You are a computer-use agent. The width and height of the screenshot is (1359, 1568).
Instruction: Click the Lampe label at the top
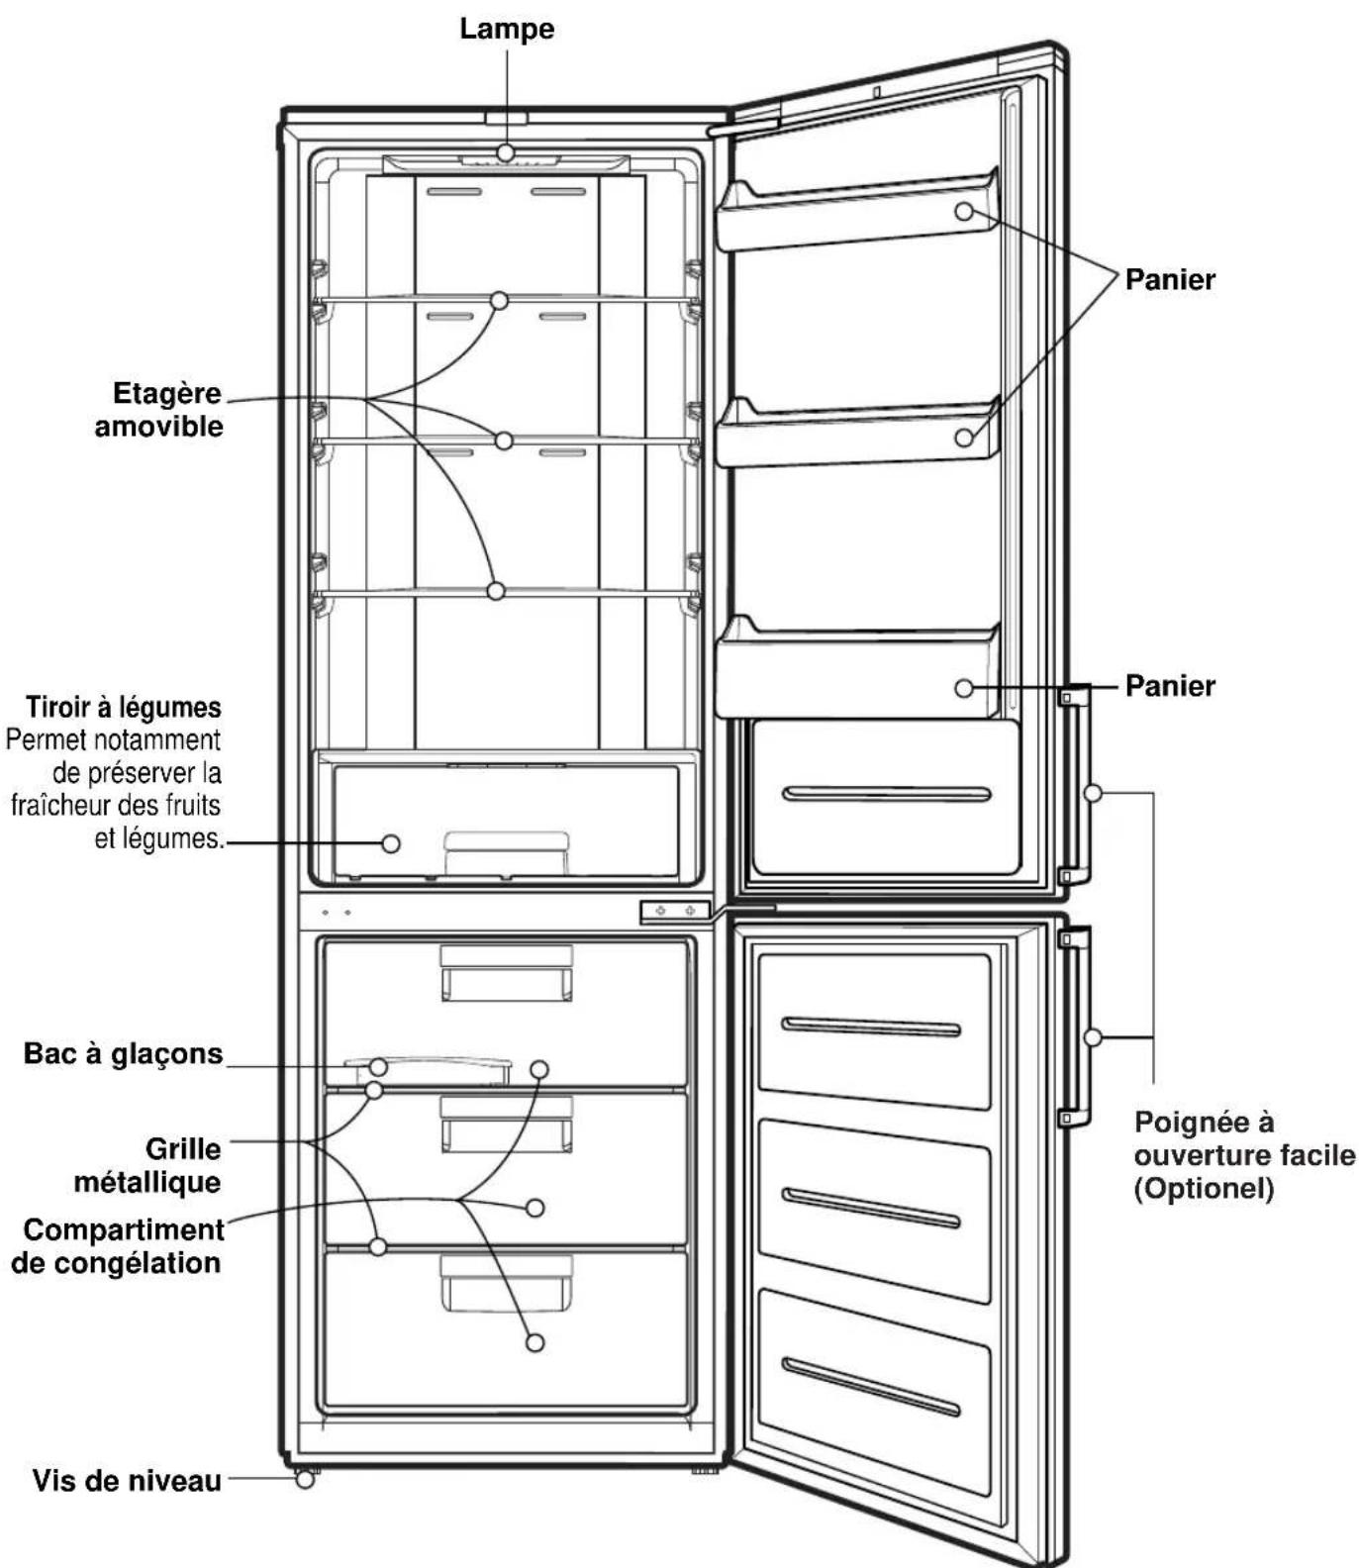click(x=507, y=29)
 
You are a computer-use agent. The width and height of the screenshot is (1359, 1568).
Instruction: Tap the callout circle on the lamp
click(x=506, y=152)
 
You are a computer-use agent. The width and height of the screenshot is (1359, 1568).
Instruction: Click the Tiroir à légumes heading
click(x=124, y=707)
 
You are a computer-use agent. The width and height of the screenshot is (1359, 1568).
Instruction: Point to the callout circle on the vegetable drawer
click(x=391, y=843)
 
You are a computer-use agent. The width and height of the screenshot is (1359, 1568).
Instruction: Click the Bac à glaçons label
click(x=124, y=1053)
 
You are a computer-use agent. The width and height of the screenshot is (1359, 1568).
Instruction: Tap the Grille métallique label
click(x=147, y=1165)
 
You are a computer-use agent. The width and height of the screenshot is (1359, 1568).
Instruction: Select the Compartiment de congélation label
click(x=118, y=1246)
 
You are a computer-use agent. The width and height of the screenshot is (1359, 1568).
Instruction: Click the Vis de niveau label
click(x=127, y=1481)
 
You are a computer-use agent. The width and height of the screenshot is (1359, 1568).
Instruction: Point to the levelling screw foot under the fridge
click(x=305, y=1479)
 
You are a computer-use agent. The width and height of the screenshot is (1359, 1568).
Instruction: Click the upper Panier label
click(x=1170, y=279)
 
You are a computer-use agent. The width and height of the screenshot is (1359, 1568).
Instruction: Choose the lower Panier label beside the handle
click(x=1170, y=686)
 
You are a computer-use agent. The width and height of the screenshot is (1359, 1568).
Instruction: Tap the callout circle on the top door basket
click(x=964, y=211)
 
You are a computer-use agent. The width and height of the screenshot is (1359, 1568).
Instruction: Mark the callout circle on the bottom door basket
click(x=964, y=688)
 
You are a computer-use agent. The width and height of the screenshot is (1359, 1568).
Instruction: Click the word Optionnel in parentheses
click(x=1204, y=1188)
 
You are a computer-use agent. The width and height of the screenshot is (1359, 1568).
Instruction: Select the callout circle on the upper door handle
click(x=1093, y=793)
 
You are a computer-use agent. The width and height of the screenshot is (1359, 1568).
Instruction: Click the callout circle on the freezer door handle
click(x=1093, y=1037)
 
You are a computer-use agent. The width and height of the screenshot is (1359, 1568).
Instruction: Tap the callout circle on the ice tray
click(x=378, y=1066)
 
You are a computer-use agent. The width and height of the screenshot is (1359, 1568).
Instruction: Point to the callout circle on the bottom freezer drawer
click(x=534, y=1343)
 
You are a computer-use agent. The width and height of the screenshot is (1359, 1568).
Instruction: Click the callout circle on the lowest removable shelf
click(x=497, y=591)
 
